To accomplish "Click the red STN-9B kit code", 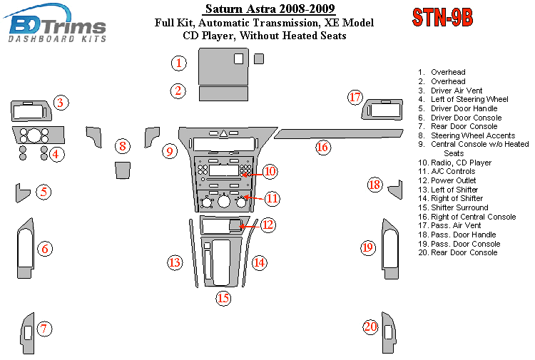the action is tap(442, 17).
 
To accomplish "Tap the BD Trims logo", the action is tap(55, 24).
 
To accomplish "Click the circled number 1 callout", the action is tap(179, 63).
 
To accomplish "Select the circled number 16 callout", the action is tap(322, 148).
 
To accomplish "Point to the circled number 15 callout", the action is tap(223, 298).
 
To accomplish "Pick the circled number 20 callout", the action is tap(370, 327).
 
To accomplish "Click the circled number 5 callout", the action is tap(44, 192).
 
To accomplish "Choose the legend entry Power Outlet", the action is tap(447, 180).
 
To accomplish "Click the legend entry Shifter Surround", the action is tap(453, 207).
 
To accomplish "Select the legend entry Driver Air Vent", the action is tap(450, 91).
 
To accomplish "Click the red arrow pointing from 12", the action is tap(250, 226).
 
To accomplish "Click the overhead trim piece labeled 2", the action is tap(223, 94).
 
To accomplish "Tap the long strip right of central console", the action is tap(338, 133).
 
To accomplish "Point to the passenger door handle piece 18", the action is tap(397, 190).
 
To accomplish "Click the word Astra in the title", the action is tap(255, 9).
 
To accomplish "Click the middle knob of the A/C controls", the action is tap(224, 202).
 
